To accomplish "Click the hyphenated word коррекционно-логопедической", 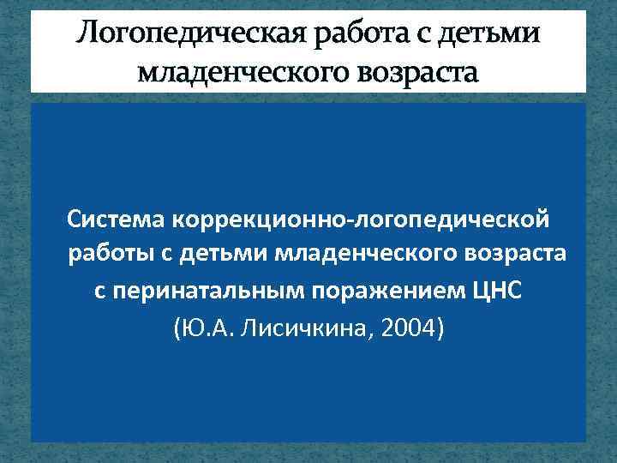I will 361,220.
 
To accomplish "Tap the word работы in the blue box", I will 107,255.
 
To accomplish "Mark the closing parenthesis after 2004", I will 440,326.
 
